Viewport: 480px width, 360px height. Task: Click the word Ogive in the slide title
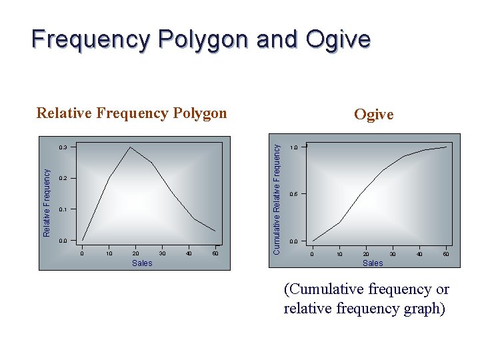[338, 39]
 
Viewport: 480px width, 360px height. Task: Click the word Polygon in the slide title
[206, 39]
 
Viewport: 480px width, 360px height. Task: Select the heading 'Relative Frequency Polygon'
[131, 113]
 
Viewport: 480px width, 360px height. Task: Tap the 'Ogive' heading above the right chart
[373, 114]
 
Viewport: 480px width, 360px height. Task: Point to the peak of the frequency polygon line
[131, 147]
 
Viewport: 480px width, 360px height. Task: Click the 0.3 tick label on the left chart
[63, 147]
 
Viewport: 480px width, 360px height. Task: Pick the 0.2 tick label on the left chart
[63, 179]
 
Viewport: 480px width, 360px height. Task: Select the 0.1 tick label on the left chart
[63, 209]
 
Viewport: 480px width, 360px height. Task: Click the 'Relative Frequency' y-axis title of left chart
[47, 202]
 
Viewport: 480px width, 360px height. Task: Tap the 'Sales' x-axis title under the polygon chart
[142, 263]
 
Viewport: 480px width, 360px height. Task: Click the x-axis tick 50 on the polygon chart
[215, 253]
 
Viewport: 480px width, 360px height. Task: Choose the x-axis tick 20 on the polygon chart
[135, 253]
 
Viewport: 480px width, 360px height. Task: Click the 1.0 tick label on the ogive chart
[293, 147]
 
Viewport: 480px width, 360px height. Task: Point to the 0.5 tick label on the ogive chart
[293, 194]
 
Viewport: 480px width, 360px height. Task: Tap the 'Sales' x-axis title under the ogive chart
[373, 263]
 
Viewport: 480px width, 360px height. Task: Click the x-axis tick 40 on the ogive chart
[419, 254]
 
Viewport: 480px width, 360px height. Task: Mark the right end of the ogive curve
[446, 147]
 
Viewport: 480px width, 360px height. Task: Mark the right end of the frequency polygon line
[215, 231]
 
